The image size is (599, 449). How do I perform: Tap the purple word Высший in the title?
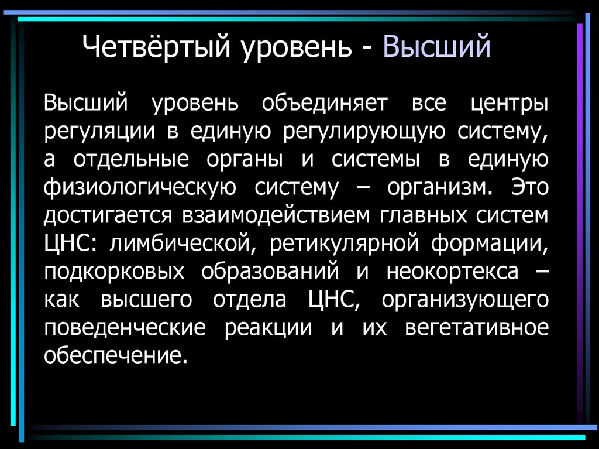[436, 47]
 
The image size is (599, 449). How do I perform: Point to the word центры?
[510, 104]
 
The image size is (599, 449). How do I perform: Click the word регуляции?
[99, 132]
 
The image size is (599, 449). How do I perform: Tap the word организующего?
[465, 300]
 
